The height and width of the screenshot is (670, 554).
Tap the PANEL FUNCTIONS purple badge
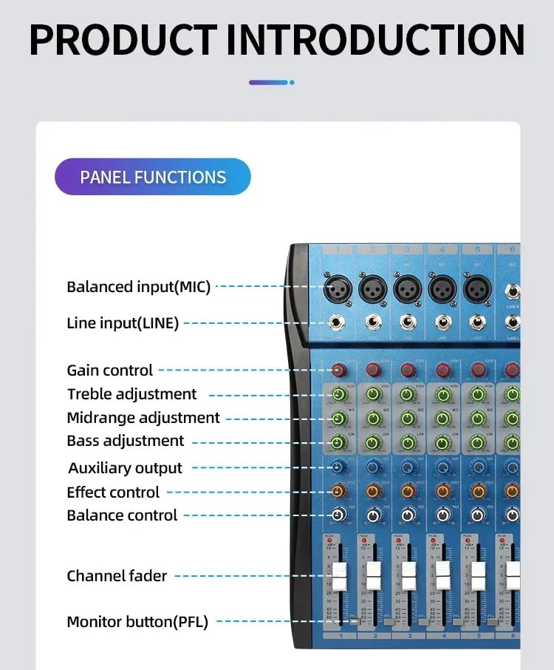coord(153,177)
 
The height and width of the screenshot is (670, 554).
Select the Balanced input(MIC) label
coord(139,287)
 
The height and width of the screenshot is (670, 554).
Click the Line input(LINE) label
coord(123,323)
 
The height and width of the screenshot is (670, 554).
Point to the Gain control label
coord(110,370)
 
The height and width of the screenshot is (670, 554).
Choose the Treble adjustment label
coord(132,394)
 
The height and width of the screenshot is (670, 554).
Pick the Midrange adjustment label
coord(143,418)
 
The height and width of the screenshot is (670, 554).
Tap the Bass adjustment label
coord(126,441)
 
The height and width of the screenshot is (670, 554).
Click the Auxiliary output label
coord(125,468)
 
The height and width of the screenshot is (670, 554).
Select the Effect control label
coord(113,493)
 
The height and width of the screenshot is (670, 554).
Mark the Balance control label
coord(122,515)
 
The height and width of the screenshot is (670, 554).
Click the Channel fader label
coord(117,576)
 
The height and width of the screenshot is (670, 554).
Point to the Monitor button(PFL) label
coord(137,622)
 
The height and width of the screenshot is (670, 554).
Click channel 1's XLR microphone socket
coord(338,288)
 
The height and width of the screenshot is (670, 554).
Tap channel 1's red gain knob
coord(338,370)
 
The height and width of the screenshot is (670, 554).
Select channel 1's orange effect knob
coord(338,490)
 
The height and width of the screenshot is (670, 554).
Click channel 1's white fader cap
coord(339,576)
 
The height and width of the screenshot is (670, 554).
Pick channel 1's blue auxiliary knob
coord(338,467)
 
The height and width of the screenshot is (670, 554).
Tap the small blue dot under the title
coord(293,83)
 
